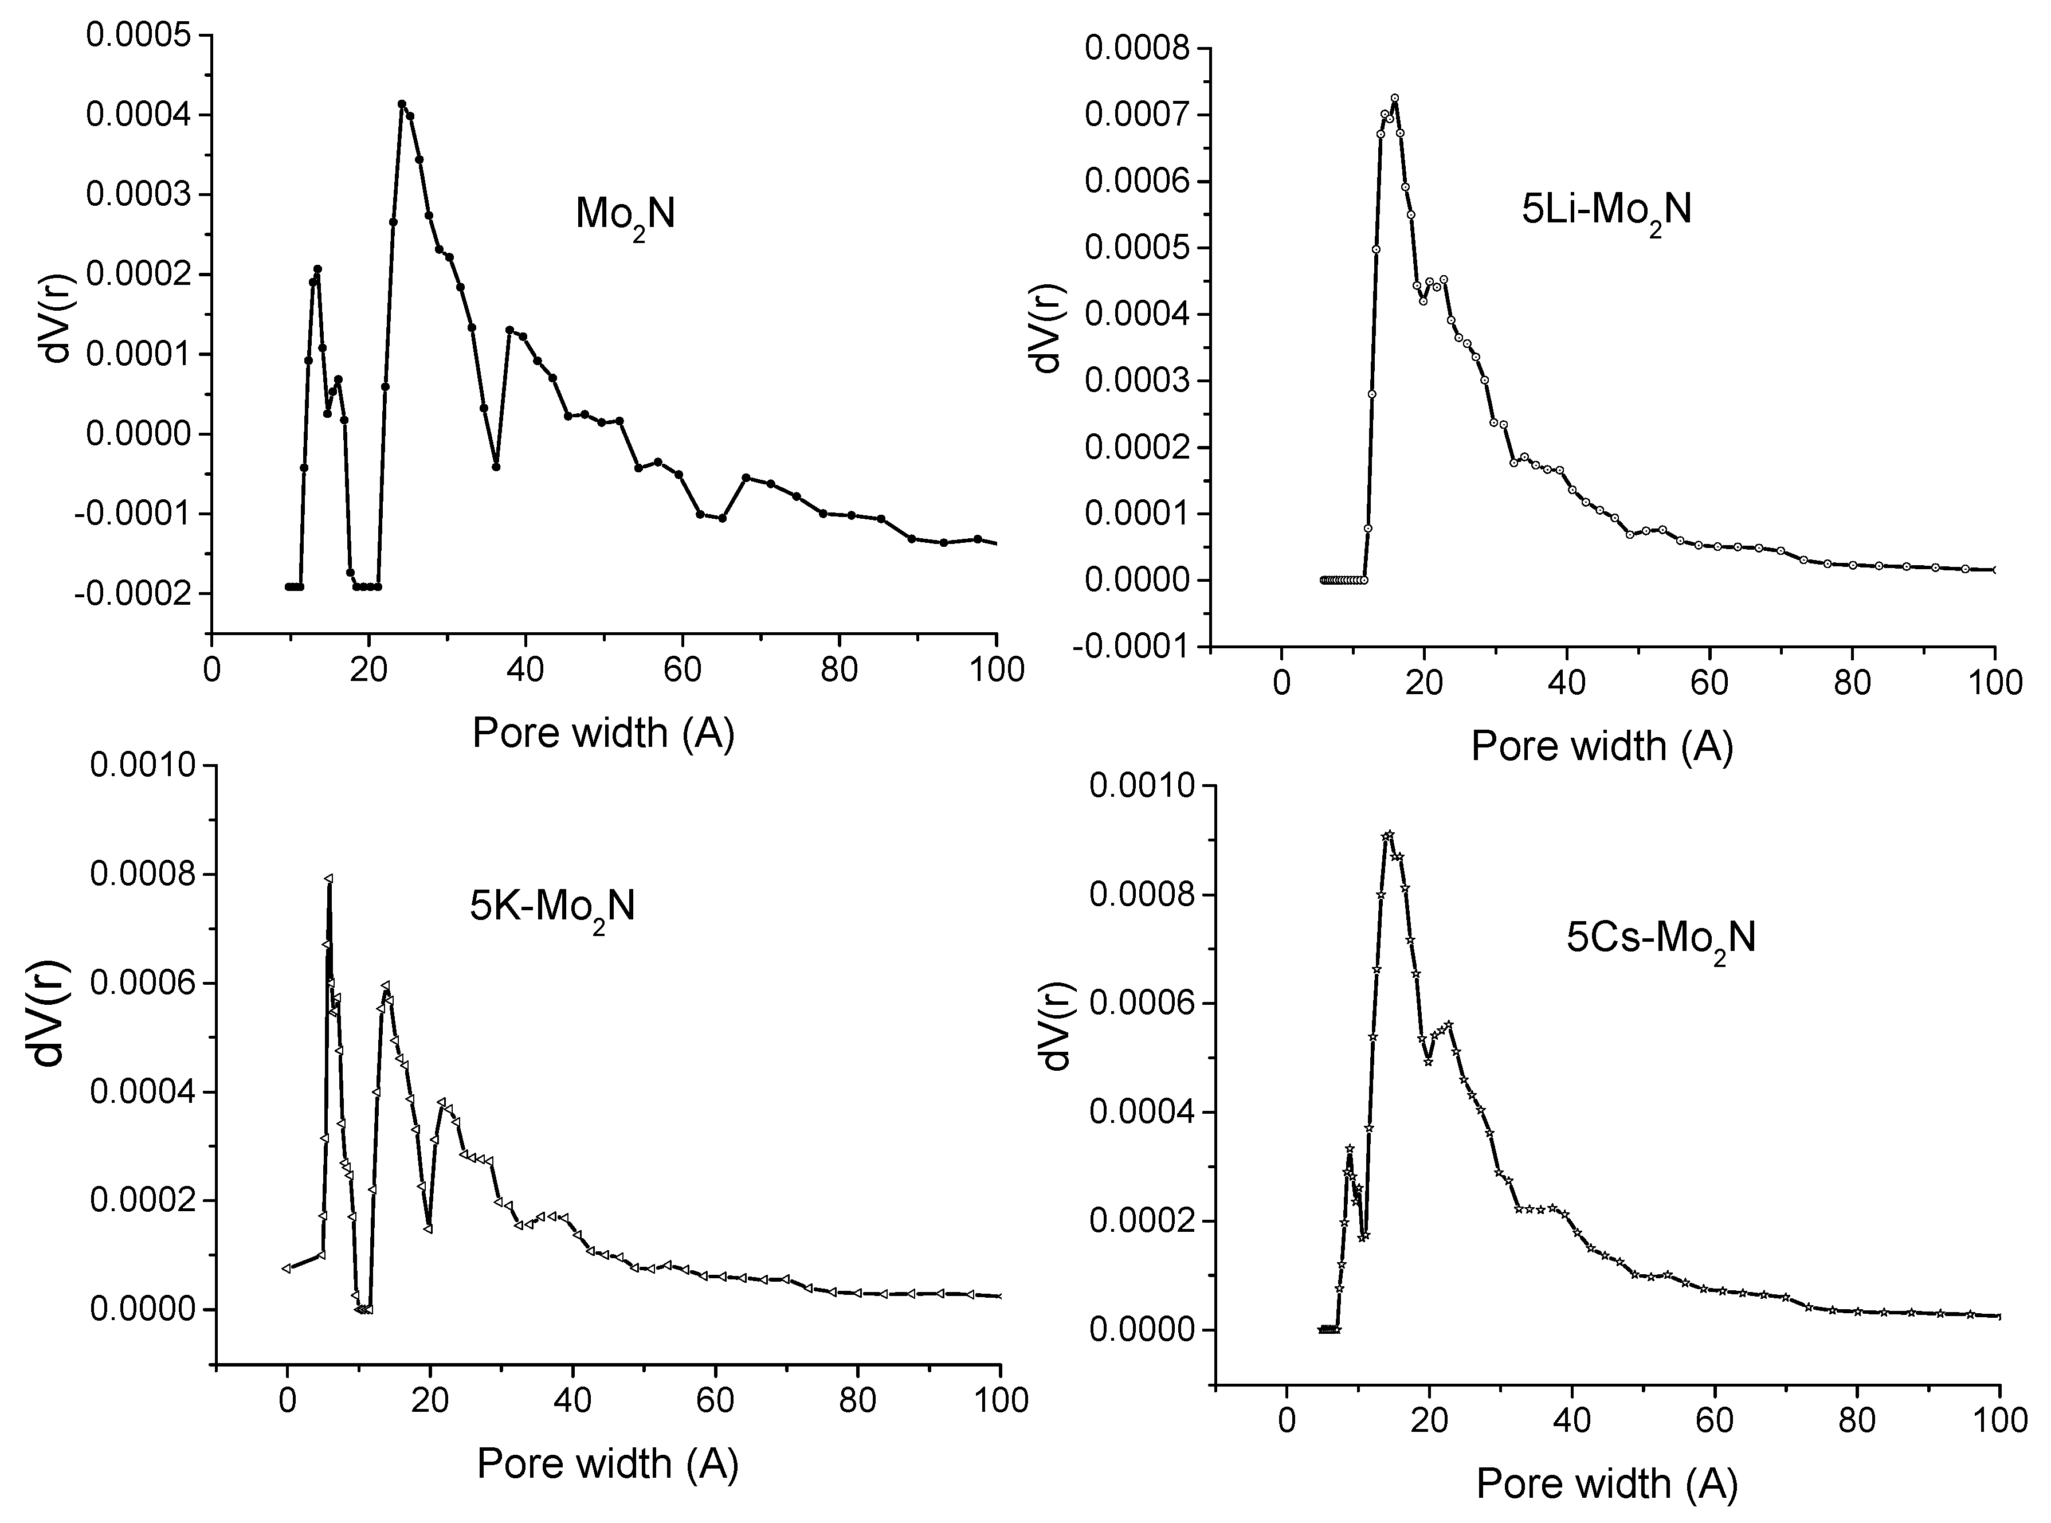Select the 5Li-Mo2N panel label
[x=1606, y=211]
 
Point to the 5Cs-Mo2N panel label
[x=1661, y=938]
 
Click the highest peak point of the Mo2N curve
[x=402, y=104]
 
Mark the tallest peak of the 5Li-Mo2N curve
[x=1395, y=97]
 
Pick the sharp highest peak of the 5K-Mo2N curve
[x=328, y=879]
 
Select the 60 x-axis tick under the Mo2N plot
[x=682, y=670]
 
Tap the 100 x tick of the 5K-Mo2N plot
[x=1000, y=1400]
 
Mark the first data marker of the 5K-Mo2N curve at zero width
[x=287, y=1268]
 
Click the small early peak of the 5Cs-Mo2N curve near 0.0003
[x=1350, y=1149]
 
